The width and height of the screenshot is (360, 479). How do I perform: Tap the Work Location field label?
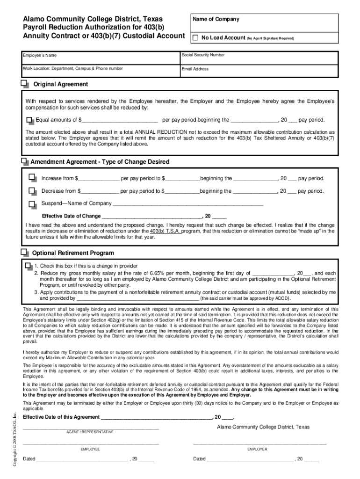pyautogui.click(x=73, y=68)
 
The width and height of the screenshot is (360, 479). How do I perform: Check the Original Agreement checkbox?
pyautogui.click(x=25, y=84)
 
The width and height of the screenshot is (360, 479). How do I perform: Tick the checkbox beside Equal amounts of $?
pyautogui.click(x=30, y=120)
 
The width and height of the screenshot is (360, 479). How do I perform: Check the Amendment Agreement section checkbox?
pyautogui.click(x=25, y=161)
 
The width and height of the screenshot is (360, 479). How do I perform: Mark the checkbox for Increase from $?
pyautogui.click(x=32, y=178)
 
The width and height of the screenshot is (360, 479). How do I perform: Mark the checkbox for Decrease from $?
pyautogui.click(x=32, y=191)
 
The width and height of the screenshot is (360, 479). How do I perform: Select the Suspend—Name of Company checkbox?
pyautogui.click(x=32, y=204)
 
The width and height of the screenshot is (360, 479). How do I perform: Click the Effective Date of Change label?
pyautogui.click(x=71, y=216)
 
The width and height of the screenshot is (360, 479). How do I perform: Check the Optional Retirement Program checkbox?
pyautogui.click(x=25, y=253)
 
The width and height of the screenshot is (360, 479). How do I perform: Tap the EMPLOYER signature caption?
pyautogui.click(x=257, y=449)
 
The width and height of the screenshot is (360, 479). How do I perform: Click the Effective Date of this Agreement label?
pyautogui.click(x=61, y=417)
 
